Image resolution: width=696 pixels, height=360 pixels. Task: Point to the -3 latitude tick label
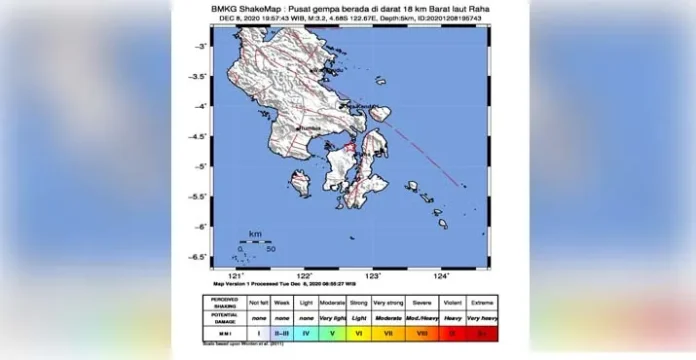[200, 47]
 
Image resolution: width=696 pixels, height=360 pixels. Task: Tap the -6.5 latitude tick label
[198, 256]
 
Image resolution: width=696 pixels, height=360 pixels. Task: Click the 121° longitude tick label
[236, 275]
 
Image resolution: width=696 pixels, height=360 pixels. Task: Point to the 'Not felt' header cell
[258, 302]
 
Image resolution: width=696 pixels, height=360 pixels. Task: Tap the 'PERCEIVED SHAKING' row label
[225, 302]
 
